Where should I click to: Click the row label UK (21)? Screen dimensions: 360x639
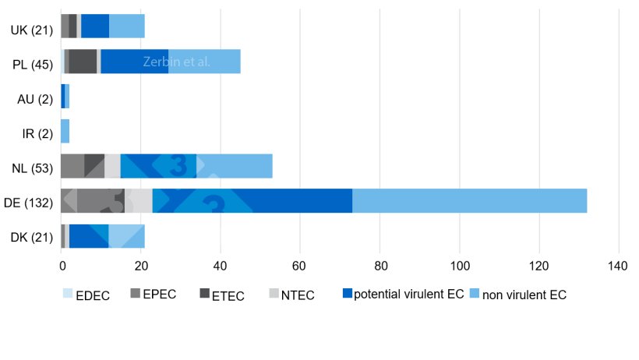(31, 30)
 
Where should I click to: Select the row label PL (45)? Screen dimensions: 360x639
(31, 65)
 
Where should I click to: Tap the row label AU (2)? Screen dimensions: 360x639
(34, 99)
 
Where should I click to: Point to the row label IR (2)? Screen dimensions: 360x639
(35, 133)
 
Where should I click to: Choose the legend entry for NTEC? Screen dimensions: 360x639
(296, 295)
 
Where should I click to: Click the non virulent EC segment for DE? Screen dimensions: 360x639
(469, 201)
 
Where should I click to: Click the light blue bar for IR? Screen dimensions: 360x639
(65, 133)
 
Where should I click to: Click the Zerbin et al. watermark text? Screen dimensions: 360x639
(177, 62)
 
